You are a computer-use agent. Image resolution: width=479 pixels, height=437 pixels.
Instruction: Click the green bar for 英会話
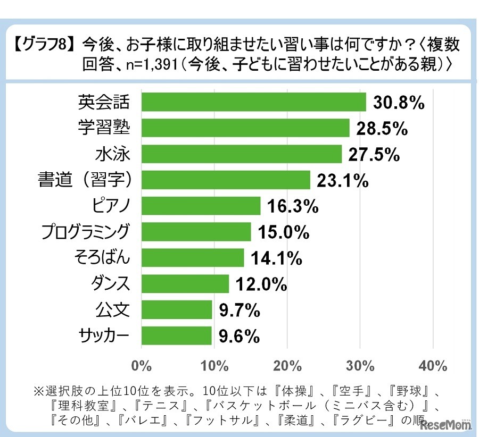pyautogui.click(x=254, y=102)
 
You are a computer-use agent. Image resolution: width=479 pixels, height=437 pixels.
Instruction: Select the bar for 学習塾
pyautogui.click(x=245, y=128)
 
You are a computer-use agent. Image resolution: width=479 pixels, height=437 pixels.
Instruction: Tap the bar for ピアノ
pyautogui.click(x=201, y=206)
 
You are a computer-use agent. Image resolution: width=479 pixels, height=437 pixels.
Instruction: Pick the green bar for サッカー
pyautogui.click(x=177, y=335)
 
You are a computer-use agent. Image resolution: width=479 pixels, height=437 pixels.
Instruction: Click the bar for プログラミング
pyautogui.click(x=196, y=232)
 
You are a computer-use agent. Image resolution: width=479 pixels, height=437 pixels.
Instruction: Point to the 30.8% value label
pyautogui.click(x=398, y=103)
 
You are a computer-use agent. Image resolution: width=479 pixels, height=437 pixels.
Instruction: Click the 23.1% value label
pyautogui.click(x=343, y=181)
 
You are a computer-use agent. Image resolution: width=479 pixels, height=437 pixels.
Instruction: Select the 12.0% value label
pyautogui.click(x=261, y=284)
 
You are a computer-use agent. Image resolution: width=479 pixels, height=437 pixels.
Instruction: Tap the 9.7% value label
pyautogui.click(x=238, y=310)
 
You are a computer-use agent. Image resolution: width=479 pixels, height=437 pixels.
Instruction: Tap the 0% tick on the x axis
pyautogui.click(x=142, y=366)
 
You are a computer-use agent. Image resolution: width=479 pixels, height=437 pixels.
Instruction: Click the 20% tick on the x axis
pyautogui.click(x=287, y=366)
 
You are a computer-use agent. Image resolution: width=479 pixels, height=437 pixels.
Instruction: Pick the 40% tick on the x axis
pyautogui.click(x=433, y=366)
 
